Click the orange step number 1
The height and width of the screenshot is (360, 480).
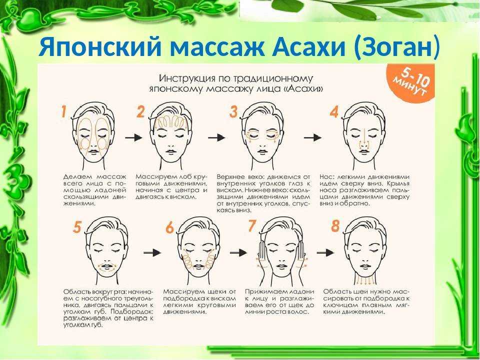click(x=63, y=111)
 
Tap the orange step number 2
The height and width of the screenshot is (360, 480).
click(x=140, y=111)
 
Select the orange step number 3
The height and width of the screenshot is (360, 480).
click(x=233, y=111)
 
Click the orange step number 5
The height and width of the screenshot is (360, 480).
click(x=77, y=227)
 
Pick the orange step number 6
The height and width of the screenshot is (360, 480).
click(x=169, y=228)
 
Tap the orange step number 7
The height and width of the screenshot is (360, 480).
click(x=251, y=226)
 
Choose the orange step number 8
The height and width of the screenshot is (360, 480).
click(x=335, y=226)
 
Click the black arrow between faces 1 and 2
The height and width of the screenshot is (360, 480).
click(x=133, y=138)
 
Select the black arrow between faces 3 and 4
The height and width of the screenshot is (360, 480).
click(x=313, y=138)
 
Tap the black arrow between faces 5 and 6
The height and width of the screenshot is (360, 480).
click(x=152, y=252)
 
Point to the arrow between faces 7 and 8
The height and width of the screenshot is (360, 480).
click(x=325, y=252)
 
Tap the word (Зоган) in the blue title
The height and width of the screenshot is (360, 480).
click(x=396, y=47)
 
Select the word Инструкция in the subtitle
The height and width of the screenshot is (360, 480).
click(x=186, y=78)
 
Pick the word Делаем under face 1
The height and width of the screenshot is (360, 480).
click(x=78, y=176)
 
